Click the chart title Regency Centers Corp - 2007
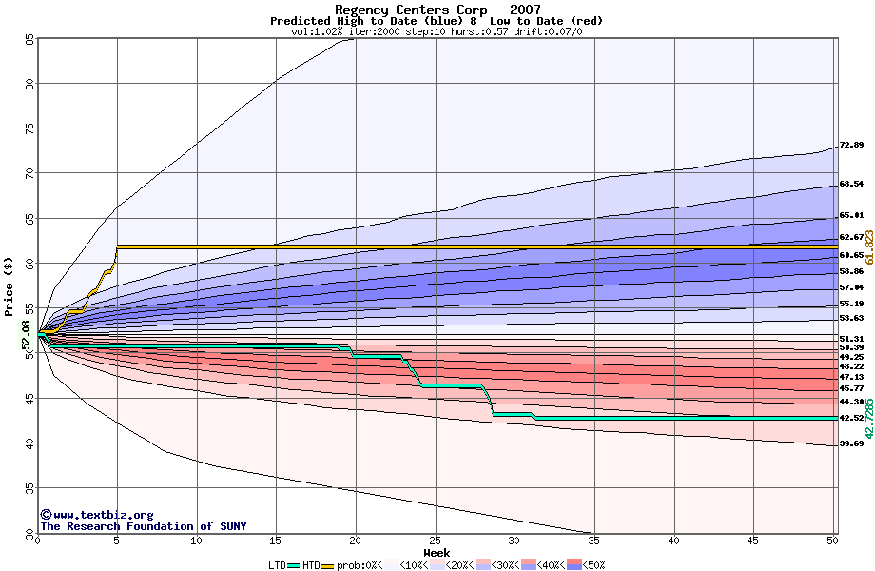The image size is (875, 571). pyautogui.click(x=437, y=10)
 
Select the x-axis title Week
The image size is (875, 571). pyautogui.click(x=437, y=553)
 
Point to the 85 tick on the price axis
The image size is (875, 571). pyautogui.click(x=29, y=40)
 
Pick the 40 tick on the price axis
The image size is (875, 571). pyautogui.click(x=29, y=443)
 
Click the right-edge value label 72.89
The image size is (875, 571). pyautogui.click(x=850, y=146)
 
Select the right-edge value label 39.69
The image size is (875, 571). pyautogui.click(x=850, y=443)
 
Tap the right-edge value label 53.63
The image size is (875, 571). pyautogui.click(x=850, y=318)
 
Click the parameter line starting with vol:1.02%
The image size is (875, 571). pyautogui.click(x=437, y=31)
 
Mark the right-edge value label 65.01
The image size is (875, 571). pyautogui.click(x=850, y=216)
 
